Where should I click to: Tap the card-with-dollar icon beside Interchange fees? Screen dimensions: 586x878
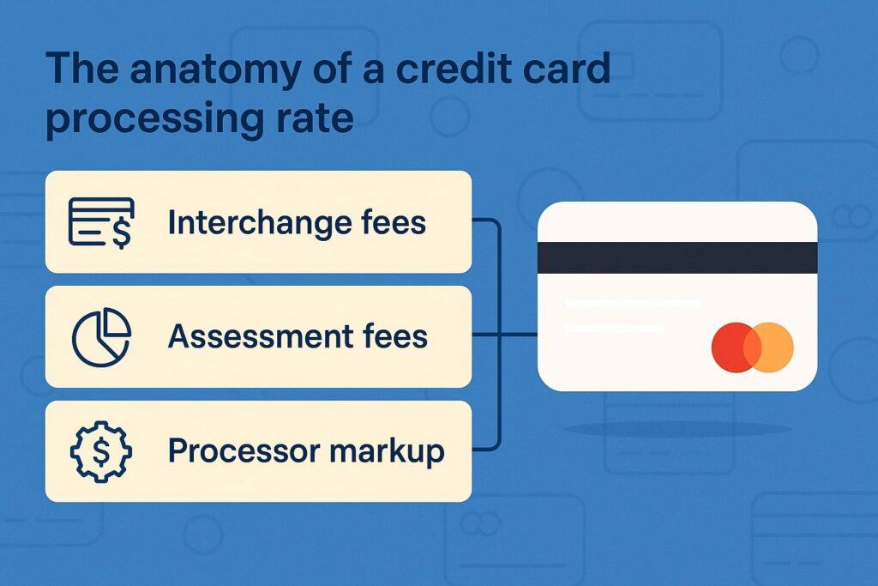(x=101, y=222)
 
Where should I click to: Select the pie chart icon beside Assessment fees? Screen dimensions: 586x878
(x=101, y=336)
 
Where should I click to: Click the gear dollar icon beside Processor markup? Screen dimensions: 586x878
(x=101, y=451)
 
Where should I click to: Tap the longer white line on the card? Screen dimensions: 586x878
(x=633, y=304)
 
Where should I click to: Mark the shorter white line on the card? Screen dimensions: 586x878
(x=614, y=329)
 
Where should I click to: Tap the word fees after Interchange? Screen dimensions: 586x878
(x=391, y=223)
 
